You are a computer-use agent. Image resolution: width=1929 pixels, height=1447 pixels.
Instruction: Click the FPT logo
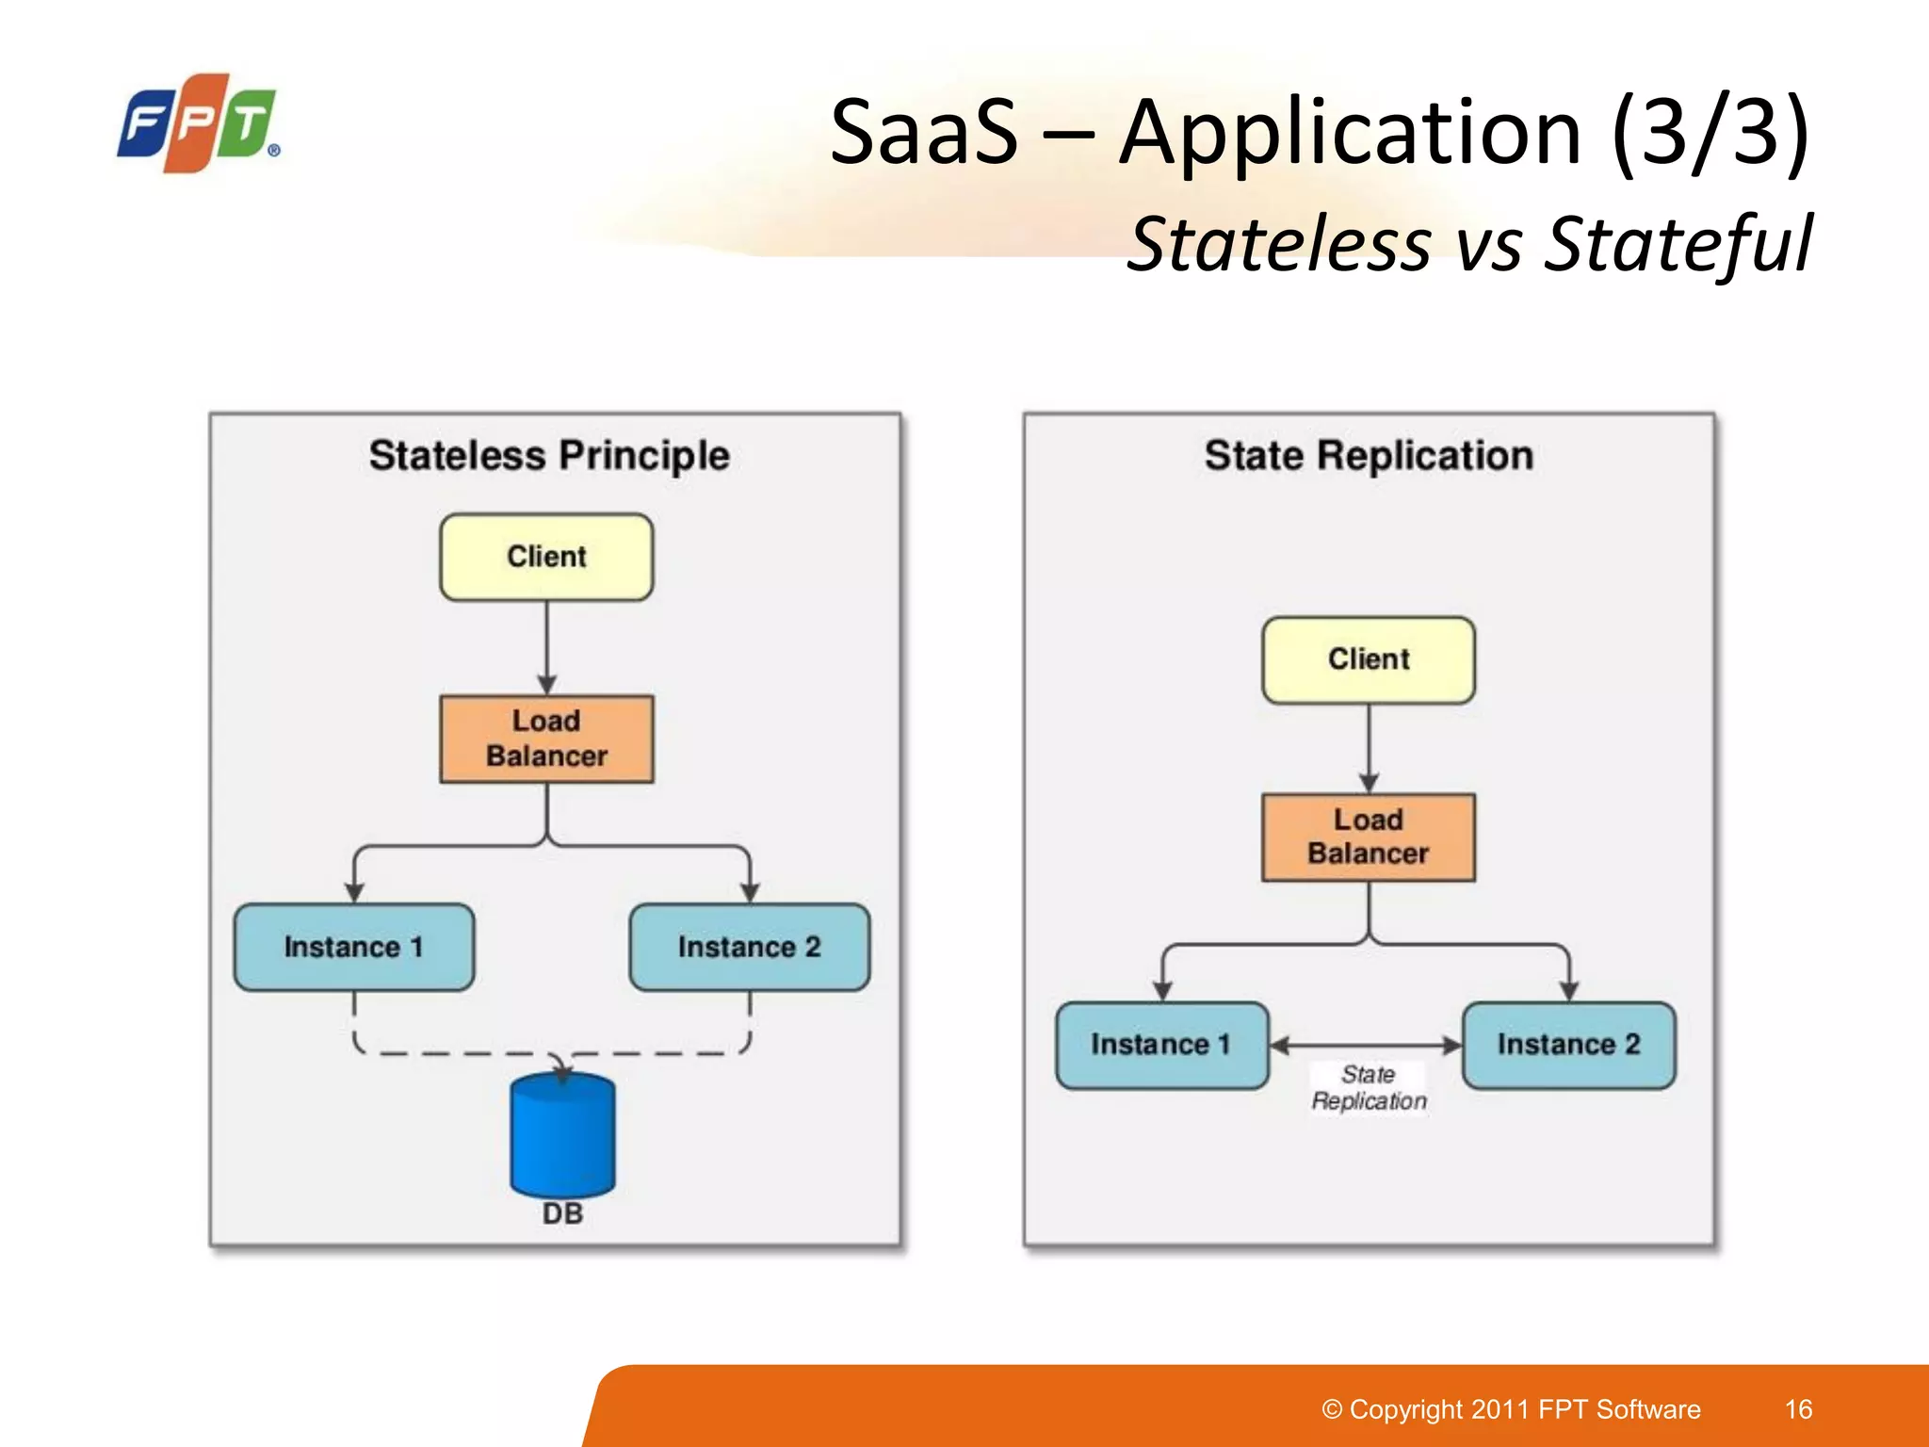coord(198,123)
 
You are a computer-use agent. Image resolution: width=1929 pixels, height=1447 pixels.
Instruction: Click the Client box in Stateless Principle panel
coord(546,557)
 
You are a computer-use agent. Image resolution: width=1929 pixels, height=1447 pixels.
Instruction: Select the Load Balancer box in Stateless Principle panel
coord(546,739)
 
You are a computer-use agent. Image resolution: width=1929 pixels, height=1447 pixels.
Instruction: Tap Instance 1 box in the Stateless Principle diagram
coord(353,947)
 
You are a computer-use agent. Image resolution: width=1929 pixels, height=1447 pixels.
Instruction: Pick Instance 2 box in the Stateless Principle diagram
coord(749,947)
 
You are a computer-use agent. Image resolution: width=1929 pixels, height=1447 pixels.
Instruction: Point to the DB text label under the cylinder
coord(562,1213)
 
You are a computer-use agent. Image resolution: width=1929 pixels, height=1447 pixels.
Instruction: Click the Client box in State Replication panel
coord(1369,659)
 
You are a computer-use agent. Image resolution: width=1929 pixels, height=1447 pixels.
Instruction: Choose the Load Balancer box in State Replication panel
coord(1369,837)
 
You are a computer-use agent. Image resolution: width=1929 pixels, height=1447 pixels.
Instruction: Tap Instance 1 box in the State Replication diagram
coord(1161,1045)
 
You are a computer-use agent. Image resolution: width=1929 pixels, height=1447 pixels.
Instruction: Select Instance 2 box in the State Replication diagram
coord(1568,1045)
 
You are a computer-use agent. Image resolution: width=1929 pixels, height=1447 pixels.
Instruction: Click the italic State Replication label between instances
coord(1369,1088)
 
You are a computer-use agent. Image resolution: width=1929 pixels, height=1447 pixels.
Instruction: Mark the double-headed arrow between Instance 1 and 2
coord(1366,1045)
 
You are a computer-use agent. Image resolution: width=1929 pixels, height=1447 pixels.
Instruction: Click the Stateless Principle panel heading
coord(549,456)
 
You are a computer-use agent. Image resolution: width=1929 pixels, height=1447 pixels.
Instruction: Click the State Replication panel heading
coord(1369,456)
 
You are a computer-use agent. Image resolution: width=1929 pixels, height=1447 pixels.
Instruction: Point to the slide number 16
coord(1798,1409)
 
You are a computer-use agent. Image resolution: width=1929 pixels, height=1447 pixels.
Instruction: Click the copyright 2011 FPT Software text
coord(1511,1409)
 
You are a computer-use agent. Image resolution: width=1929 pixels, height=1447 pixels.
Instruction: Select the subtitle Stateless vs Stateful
coord(1468,244)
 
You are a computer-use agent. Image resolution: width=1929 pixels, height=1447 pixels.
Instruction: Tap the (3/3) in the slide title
coord(1710,132)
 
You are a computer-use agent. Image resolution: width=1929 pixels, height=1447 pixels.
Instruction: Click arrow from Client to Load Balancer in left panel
coord(547,646)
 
